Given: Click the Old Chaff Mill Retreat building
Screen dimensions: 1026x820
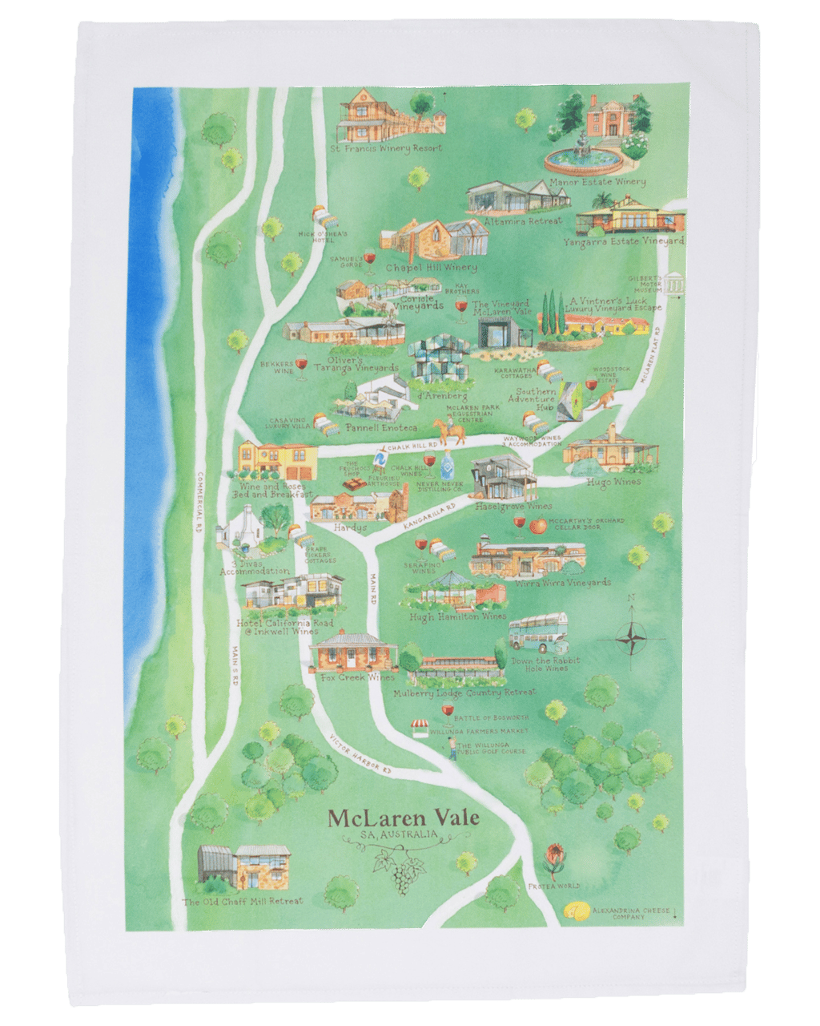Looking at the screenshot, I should click(x=240, y=869).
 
